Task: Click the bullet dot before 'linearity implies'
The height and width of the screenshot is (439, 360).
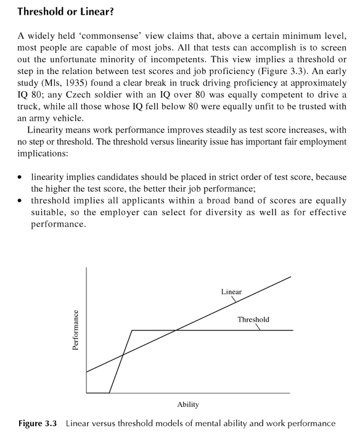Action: coord(22,177)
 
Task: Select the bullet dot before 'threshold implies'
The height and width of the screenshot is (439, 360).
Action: coord(22,202)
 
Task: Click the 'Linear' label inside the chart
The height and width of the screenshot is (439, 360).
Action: coord(231,291)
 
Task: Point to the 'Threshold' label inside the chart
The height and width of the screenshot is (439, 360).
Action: coord(253,319)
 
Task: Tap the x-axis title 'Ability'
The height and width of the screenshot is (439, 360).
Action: coord(187,404)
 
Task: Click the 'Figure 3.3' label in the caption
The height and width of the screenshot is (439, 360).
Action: coord(38,424)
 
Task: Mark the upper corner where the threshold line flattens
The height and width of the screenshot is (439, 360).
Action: coord(133,330)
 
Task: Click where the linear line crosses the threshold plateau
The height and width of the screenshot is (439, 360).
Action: coord(177,330)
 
